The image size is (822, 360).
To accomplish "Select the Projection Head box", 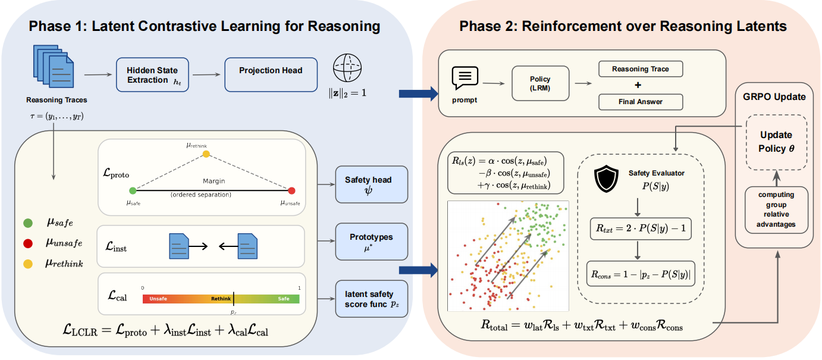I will pos(271,75).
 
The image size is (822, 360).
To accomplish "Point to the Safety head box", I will pos(372,184).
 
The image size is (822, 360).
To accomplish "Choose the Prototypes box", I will pos(372,241).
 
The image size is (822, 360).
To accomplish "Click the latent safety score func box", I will pos(372,298).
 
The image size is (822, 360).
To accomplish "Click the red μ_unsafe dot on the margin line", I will pos(291,191).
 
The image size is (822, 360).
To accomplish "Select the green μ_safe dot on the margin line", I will pos(133,191).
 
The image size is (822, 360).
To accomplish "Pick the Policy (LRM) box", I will pos(540,83).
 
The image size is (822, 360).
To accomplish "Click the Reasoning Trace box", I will pos(640,69).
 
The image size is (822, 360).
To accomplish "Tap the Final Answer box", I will pos(640,102).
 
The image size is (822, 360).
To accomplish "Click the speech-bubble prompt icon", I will pos(465,78).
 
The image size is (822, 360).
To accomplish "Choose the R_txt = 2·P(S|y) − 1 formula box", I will pos(641,228).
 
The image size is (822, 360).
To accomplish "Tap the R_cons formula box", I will pos(641,274).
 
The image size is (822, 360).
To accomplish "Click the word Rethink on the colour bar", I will pos(221,299).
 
